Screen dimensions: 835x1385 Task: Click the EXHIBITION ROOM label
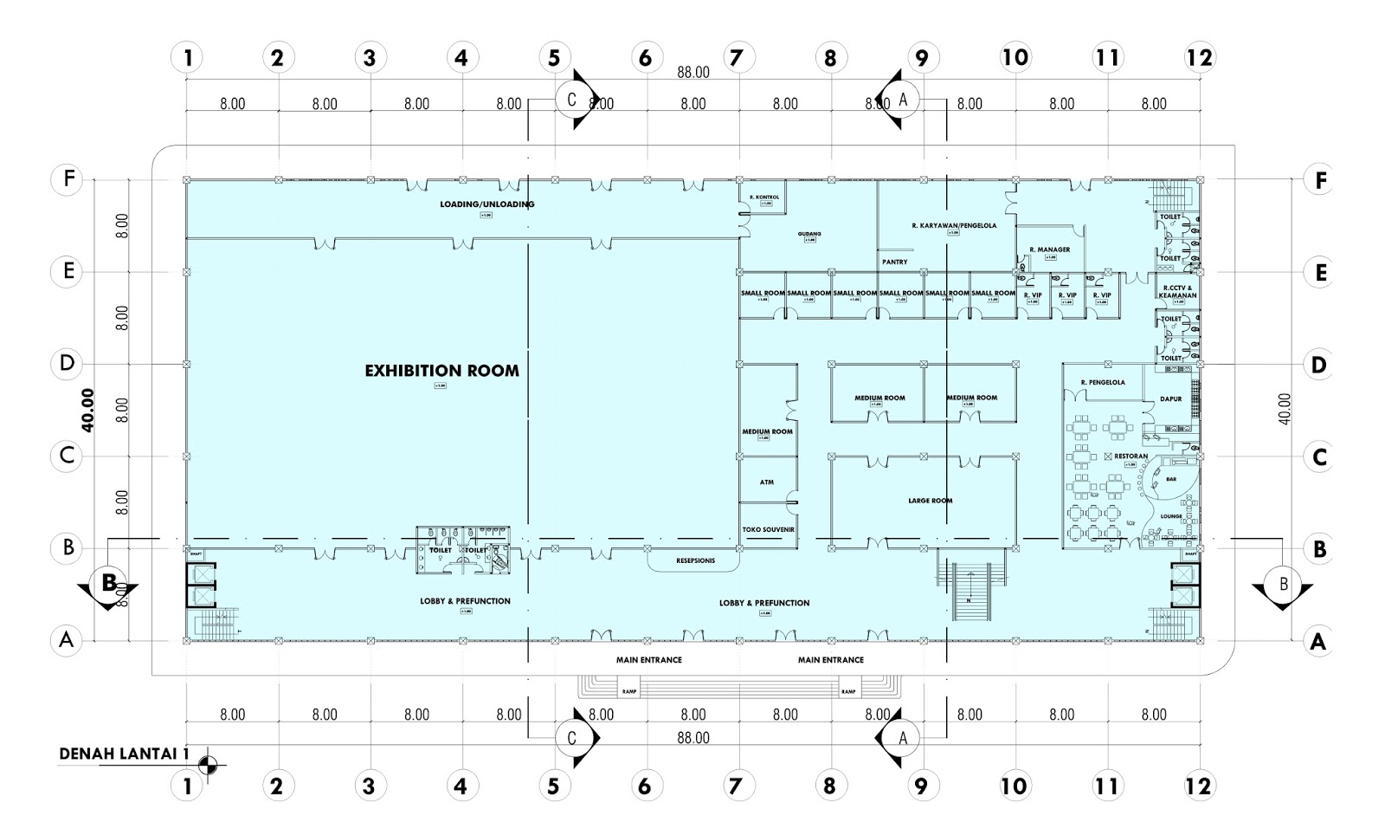[441, 371]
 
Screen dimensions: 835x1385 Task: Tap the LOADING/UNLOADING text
[486, 204]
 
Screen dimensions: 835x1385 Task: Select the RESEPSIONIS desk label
[695, 560]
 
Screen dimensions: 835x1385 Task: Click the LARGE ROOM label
[930, 501]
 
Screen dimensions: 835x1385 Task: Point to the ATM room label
[766, 482]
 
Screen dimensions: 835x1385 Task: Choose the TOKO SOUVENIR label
[768, 529]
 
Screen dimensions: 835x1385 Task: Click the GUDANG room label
[809, 234]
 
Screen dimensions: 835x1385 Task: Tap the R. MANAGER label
[1049, 249]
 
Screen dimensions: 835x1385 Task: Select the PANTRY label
[894, 261]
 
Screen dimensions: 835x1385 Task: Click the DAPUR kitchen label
[1170, 399]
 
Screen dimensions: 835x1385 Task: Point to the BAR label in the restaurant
[1171, 478]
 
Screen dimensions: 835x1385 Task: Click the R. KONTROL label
[763, 197]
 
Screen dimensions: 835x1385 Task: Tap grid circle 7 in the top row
[737, 58]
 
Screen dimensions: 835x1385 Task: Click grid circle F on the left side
[67, 180]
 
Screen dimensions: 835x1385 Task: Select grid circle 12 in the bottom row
[1200, 786]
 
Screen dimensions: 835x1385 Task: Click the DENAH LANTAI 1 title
[124, 754]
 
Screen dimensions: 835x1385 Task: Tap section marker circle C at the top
[571, 99]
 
